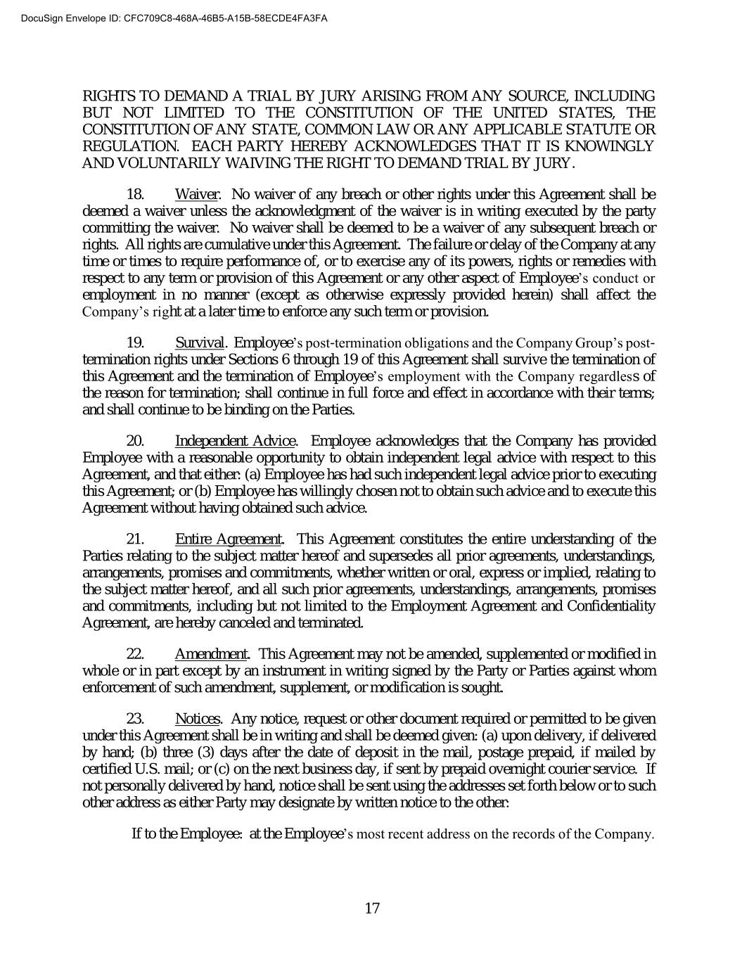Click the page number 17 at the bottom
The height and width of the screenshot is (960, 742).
[x=372, y=908]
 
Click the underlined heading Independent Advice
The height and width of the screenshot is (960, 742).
[x=235, y=441]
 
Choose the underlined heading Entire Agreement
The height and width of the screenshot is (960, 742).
[x=229, y=539]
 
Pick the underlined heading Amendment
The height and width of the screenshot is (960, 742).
[x=211, y=654]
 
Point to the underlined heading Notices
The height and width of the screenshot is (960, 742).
[x=198, y=719]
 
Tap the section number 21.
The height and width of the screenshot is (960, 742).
[x=135, y=539]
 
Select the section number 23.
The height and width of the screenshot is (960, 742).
[x=135, y=719]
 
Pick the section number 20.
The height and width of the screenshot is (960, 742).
[x=135, y=441]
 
